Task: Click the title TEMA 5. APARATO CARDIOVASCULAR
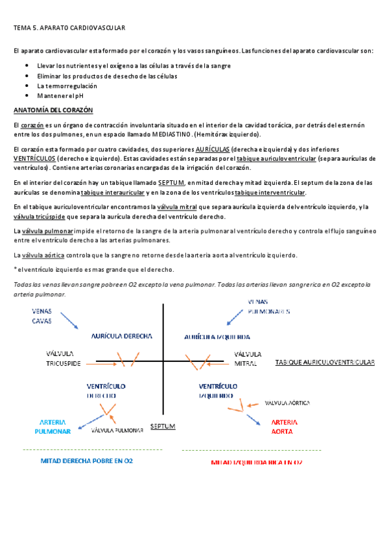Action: [69, 28]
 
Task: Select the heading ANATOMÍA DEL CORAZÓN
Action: [53, 110]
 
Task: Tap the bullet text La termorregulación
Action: [67, 86]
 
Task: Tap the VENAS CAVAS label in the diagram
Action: [42, 316]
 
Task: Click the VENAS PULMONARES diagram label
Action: [269, 306]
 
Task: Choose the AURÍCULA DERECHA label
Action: [122, 336]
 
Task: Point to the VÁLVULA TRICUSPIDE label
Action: [64, 359]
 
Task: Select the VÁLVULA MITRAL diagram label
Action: [248, 359]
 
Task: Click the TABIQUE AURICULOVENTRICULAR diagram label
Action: [325, 363]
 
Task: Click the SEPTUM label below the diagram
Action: [162, 426]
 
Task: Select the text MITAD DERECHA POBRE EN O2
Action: [87, 461]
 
